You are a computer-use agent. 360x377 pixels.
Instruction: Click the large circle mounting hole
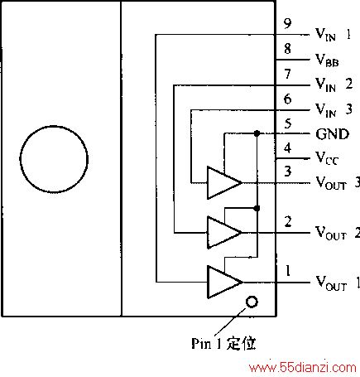coord(21,159)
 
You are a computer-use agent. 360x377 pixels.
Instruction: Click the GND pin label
coord(333,134)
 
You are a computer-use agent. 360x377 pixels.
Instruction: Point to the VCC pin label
coord(327,158)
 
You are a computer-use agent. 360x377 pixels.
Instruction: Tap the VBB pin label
coord(327,60)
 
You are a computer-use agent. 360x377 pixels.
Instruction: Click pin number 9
coord(288,23)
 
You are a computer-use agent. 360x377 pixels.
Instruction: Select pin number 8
coord(288,49)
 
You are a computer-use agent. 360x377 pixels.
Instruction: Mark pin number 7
coord(288,74)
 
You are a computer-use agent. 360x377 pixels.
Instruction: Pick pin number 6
coord(288,99)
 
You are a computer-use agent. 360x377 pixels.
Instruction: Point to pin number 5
coord(288,123)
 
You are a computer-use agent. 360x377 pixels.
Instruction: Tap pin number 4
coord(288,148)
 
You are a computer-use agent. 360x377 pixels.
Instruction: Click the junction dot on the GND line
coord(257,133)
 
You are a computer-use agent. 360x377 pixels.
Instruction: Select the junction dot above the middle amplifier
coord(257,208)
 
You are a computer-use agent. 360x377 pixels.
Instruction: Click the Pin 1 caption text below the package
coord(223,343)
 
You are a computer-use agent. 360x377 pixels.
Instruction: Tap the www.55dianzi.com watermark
coord(302,368)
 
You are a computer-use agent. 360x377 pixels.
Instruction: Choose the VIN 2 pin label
coord(334,85)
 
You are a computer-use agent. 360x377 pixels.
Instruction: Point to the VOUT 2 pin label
coord(338,233)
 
